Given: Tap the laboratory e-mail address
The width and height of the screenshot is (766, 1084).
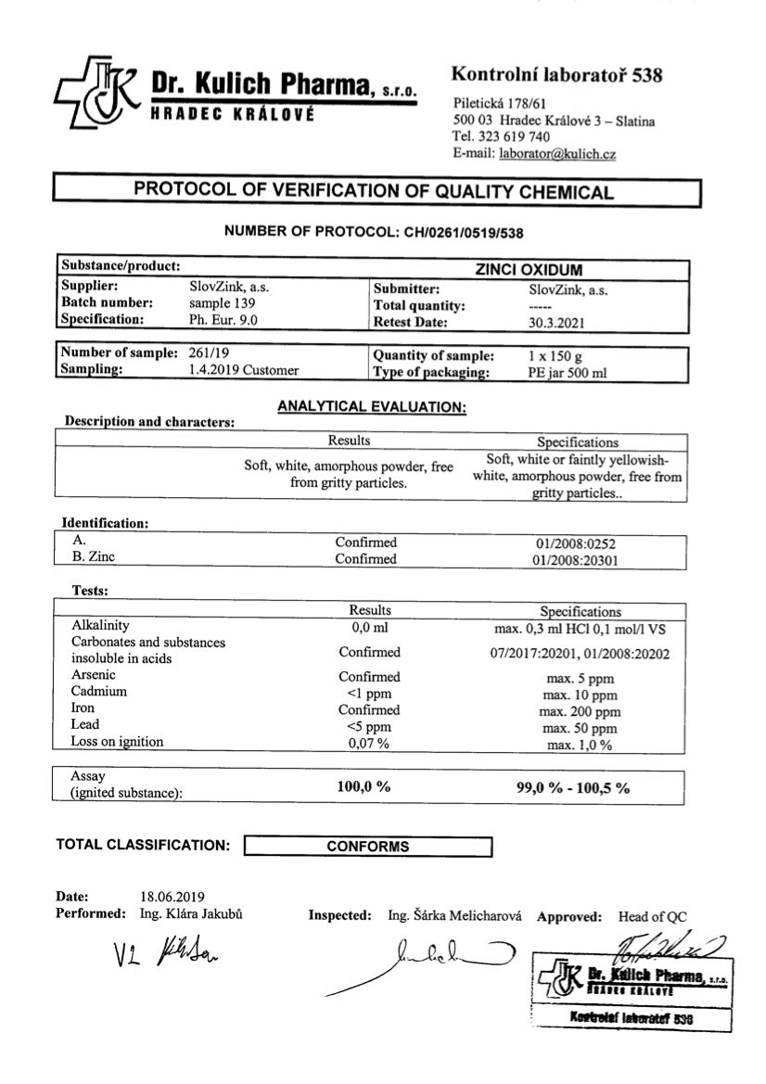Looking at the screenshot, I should pos(557,154).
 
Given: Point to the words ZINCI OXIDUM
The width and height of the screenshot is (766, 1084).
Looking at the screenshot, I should pos(529,270).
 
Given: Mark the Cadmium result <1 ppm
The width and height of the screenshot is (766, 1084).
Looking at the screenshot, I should pos(369,693).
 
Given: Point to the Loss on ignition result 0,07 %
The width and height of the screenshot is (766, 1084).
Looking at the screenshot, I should pos(368,744).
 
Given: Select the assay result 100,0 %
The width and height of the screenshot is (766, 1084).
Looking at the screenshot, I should pos(363,786).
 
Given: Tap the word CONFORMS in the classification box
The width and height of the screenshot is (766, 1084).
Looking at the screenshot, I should pos(367,847).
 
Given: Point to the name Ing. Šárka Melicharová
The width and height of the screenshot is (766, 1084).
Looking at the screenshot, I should pos(455,915).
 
